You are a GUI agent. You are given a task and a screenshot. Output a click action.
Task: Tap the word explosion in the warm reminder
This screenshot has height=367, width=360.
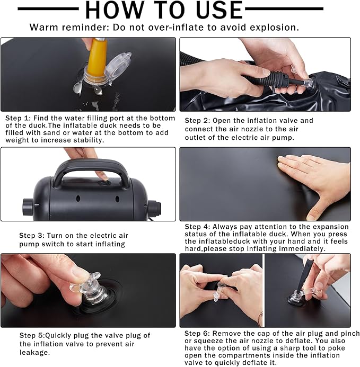point(274,28)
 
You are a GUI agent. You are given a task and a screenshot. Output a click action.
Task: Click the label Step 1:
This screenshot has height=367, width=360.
point(18,118)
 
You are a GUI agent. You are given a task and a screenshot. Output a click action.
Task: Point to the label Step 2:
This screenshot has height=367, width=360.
point(197,121)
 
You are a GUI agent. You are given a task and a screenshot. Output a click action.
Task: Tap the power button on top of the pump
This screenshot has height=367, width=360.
point(104,182)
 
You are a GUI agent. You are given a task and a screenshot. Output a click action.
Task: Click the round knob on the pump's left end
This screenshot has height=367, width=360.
point(28,207)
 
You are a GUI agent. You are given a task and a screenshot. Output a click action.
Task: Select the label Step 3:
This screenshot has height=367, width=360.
point(32,236)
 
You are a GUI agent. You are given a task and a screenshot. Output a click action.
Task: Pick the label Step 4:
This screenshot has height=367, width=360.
point(197,227)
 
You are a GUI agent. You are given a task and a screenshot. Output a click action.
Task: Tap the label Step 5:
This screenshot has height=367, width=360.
point(32,335)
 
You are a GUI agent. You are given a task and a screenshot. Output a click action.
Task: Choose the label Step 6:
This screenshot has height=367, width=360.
point(197,334)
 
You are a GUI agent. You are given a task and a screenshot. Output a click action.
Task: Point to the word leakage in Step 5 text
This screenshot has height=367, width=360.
point(34,353)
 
